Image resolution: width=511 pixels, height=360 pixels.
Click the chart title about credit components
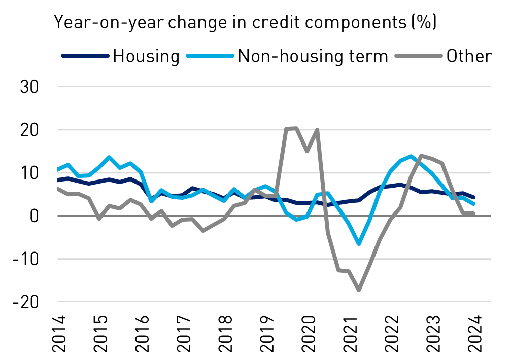246,22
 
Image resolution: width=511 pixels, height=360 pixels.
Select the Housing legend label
146,56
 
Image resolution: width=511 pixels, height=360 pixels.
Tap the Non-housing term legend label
313,56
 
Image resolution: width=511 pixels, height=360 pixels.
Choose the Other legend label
469,56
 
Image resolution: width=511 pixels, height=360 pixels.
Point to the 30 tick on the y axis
30,87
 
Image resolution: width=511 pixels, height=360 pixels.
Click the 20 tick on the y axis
30,130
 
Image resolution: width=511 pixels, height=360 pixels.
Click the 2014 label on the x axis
59,335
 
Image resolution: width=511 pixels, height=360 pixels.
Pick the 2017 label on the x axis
184,335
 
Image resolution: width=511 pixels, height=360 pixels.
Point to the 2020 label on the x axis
308,335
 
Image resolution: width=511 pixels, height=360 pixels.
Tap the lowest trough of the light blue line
359,244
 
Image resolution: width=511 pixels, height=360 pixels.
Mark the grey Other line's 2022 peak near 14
421,156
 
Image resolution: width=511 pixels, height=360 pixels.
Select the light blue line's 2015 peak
109,157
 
